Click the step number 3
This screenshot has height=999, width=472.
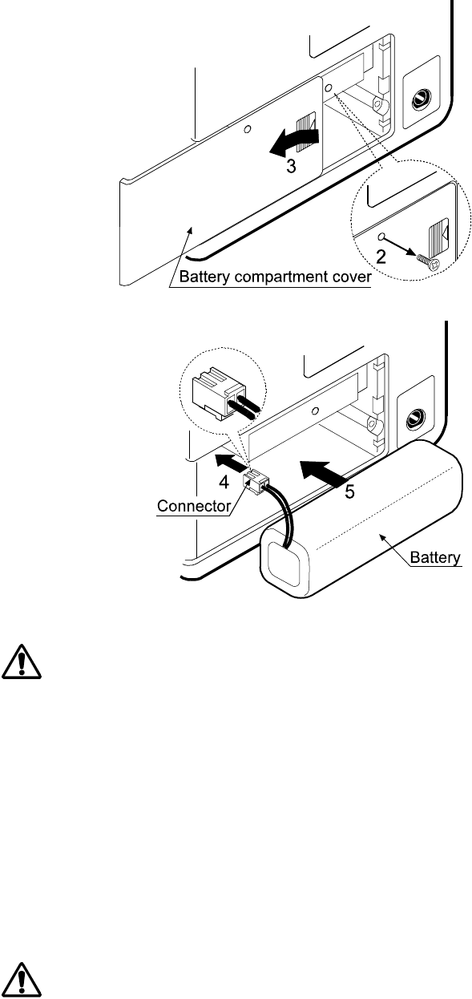coord(291,166)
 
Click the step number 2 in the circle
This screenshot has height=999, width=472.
coord(381,257)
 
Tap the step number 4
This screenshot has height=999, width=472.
coord(224,482)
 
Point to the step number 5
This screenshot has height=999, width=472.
coord(350,491)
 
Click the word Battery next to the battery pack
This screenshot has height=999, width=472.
coord(435,557)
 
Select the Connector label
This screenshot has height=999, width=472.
coord(193,506)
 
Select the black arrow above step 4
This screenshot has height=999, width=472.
coord(231,462)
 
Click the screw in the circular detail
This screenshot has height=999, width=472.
coord(428,261)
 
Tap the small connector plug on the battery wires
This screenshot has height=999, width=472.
coord(256,482)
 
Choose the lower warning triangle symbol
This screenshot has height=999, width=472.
coord(22,981)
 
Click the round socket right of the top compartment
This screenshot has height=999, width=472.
coord(421,98)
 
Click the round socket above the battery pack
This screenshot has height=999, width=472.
coord(415,419)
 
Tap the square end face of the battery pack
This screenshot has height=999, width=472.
coord(286,560)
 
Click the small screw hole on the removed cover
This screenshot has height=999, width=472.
coord(248,129)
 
